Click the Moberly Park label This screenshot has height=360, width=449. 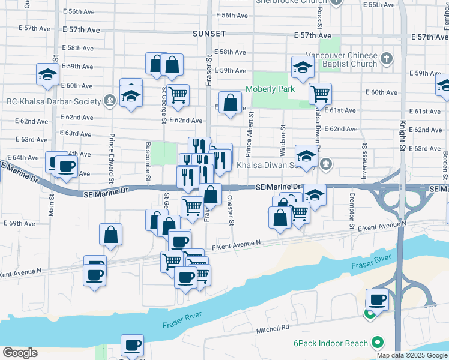pos(270,89)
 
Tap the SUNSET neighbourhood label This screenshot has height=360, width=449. pos(209,34)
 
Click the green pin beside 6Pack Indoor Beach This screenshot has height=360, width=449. pos(376,343)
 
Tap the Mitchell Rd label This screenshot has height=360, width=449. pos(273,328)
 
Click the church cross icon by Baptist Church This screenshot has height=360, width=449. pos(387,59)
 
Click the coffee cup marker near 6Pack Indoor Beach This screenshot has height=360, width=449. pos(378,299)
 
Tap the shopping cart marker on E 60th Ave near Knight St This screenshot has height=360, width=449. pos(321,94)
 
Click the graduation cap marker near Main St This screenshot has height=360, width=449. pos(47,74)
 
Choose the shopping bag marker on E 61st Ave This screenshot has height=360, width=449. pos(230,103)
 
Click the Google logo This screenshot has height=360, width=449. pos(20,353)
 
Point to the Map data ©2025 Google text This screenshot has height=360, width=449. pos(411,355)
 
